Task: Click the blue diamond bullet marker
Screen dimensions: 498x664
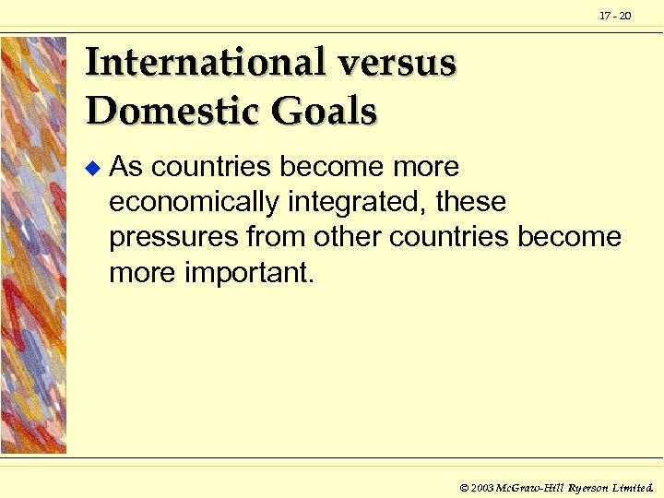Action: click(x=90, y=168)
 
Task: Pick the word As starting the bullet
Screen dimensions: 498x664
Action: click(x=125, y=167)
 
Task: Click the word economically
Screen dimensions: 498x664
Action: click(x=192, y=202)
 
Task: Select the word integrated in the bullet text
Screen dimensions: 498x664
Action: click(x=354, y=202)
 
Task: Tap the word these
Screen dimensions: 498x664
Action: click(x=470, y=202)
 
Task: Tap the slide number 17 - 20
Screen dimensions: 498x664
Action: click(x=615, y=16)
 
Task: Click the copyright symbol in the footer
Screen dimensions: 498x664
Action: click(x=463, y=485)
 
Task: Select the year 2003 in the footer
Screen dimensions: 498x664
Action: click(x=482, y=485)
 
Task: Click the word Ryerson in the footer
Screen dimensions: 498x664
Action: click(x=587, y=485)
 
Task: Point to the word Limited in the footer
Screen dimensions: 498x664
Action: click(x=634, y=485)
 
